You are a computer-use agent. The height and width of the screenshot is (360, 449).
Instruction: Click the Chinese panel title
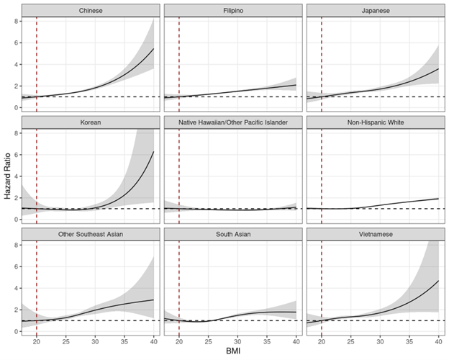point(90,10)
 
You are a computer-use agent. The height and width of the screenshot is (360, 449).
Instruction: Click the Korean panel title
point(90,122)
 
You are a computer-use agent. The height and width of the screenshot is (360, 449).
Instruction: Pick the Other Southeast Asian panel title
point(90,235)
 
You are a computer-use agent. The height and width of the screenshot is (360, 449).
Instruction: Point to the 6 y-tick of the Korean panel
point(14,155)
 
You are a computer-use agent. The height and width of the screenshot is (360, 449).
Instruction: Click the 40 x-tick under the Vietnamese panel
point(437,340)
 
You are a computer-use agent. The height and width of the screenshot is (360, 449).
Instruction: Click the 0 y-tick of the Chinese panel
point(14,108)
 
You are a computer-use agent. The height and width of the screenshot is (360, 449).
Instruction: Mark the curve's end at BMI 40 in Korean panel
point(154,152)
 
